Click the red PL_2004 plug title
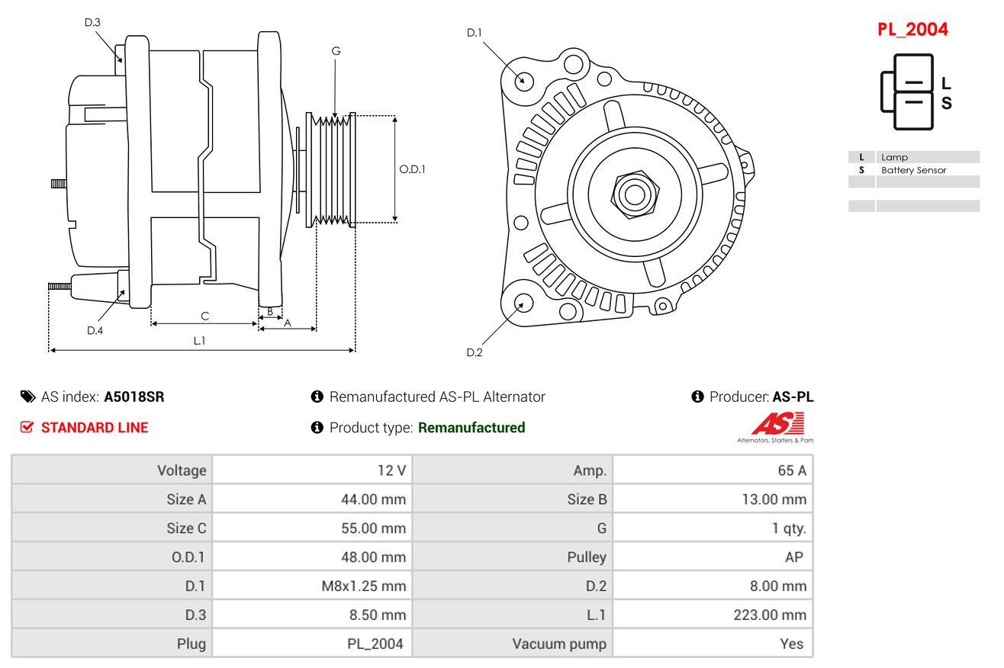(912, 30)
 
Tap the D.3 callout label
(92, 22)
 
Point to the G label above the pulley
(336, 51)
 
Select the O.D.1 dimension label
(412, 169)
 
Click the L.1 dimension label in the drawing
(199, 341)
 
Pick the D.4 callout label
(95, 331)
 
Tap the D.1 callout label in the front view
(475, 33)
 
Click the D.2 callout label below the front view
(475, 352)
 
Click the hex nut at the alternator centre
(635, 195)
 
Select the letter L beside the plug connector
(946, 83)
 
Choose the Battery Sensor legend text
(913, 170)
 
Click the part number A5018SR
(134, 397)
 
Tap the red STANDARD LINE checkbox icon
(27, 427)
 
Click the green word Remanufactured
(471, 427)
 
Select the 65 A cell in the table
(792, 470)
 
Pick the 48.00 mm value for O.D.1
(373, 557)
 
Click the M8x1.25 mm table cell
(363, 586)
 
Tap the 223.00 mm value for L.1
(770, 615)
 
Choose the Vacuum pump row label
(559, 644)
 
